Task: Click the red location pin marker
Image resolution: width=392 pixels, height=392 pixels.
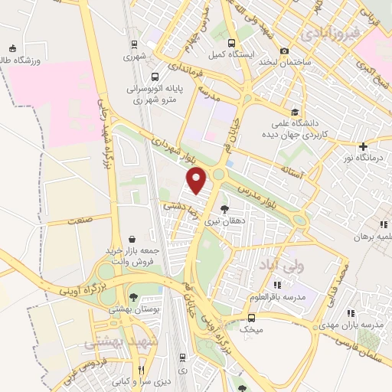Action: click(x=198, y=180)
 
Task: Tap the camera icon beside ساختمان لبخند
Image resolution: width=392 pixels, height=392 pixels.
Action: click(x=284, y=51)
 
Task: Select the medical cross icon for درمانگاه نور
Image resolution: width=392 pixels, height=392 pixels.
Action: click(x=363, y=146)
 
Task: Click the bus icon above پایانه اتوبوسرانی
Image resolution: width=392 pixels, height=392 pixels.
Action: click(x=155, y=77)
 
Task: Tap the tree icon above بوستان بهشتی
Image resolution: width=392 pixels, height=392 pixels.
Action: click(x=134, y=296)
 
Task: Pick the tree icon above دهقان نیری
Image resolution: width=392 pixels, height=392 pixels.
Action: click(x=224, y=208)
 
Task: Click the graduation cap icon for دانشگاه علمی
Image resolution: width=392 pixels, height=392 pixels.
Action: click(x=295, y=110)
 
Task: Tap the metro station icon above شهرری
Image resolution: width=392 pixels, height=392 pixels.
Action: click(x=134, y=44)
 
